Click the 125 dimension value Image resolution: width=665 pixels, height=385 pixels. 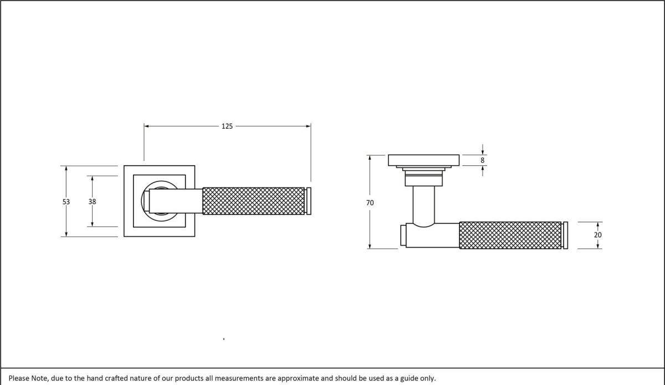pos(227,126)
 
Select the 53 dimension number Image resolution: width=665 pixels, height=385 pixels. pos(66,202)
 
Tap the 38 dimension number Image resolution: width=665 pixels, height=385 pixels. pos(92,202)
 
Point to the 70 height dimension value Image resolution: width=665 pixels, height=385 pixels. pos(370,203)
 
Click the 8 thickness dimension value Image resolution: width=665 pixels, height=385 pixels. pos(483,160)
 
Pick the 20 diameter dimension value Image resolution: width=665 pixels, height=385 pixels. pos(598,235)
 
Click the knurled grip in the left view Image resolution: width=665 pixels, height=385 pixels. pos(254,201)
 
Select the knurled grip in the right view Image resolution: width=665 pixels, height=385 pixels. pos(510,235)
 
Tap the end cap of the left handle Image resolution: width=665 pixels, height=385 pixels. pos(309,201)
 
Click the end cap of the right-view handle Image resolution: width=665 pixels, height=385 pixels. pos(565,235)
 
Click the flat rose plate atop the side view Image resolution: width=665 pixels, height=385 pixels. pos(424,160)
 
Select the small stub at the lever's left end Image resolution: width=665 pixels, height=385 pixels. pos(403,235)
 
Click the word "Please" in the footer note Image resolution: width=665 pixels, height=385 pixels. pos(19,378)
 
